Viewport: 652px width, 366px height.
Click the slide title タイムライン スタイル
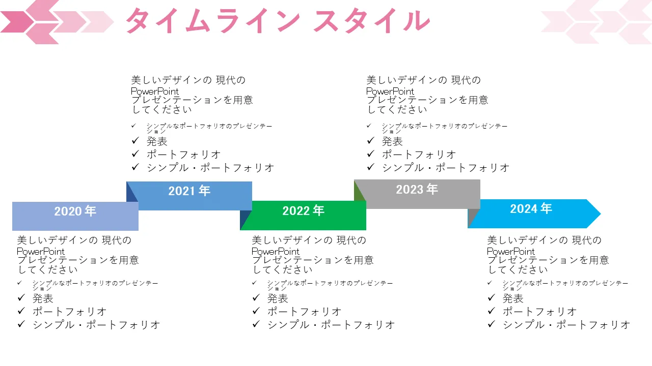[x=278, y=22]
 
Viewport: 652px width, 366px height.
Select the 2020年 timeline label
[x=75, y=211]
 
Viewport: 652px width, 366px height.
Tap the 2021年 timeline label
[x=189, y=191]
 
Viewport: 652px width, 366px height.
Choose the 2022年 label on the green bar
[x=304, y=210]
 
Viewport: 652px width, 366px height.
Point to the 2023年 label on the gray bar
[x=417, y=189]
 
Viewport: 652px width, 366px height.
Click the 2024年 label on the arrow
[x=531, y=208]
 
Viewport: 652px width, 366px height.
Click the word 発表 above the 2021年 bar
[x=157, y=141]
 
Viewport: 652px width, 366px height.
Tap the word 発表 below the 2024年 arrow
[x=513, y=298]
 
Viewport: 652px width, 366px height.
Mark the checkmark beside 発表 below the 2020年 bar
[x=21, y=298]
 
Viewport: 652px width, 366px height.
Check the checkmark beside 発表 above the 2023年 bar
[x=370, y=141]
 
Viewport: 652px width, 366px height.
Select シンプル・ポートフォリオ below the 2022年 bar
[x=331, y=324]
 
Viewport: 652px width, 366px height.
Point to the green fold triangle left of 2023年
[x=359, y=191]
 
